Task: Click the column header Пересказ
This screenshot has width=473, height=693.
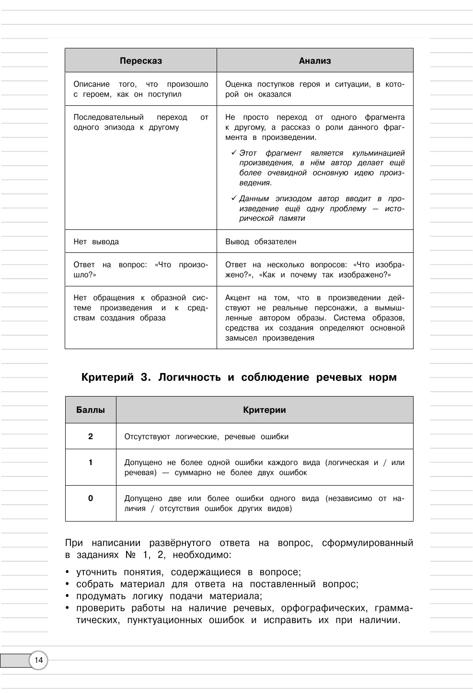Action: pos(141,61)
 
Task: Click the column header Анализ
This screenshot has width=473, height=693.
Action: pos(315,61)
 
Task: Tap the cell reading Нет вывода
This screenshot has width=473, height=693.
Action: pos(96,242)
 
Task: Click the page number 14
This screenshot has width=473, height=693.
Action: pos(38,661)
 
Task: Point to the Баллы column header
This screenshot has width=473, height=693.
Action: pos(91,410)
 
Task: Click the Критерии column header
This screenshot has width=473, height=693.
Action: pos(265,410)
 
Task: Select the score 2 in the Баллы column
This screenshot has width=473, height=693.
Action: pos(91,436)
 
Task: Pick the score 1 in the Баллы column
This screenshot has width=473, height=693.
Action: pos(91,463)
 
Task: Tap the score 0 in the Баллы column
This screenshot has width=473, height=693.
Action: pos(91,499)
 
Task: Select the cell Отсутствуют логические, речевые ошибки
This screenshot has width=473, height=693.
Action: pos(207,437)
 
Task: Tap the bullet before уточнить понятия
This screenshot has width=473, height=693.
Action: pos(68,572)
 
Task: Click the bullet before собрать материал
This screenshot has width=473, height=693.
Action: pos(68,584)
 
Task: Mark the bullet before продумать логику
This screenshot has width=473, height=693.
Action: pos(68,596)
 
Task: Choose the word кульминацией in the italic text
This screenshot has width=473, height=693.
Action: pos(379,153)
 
